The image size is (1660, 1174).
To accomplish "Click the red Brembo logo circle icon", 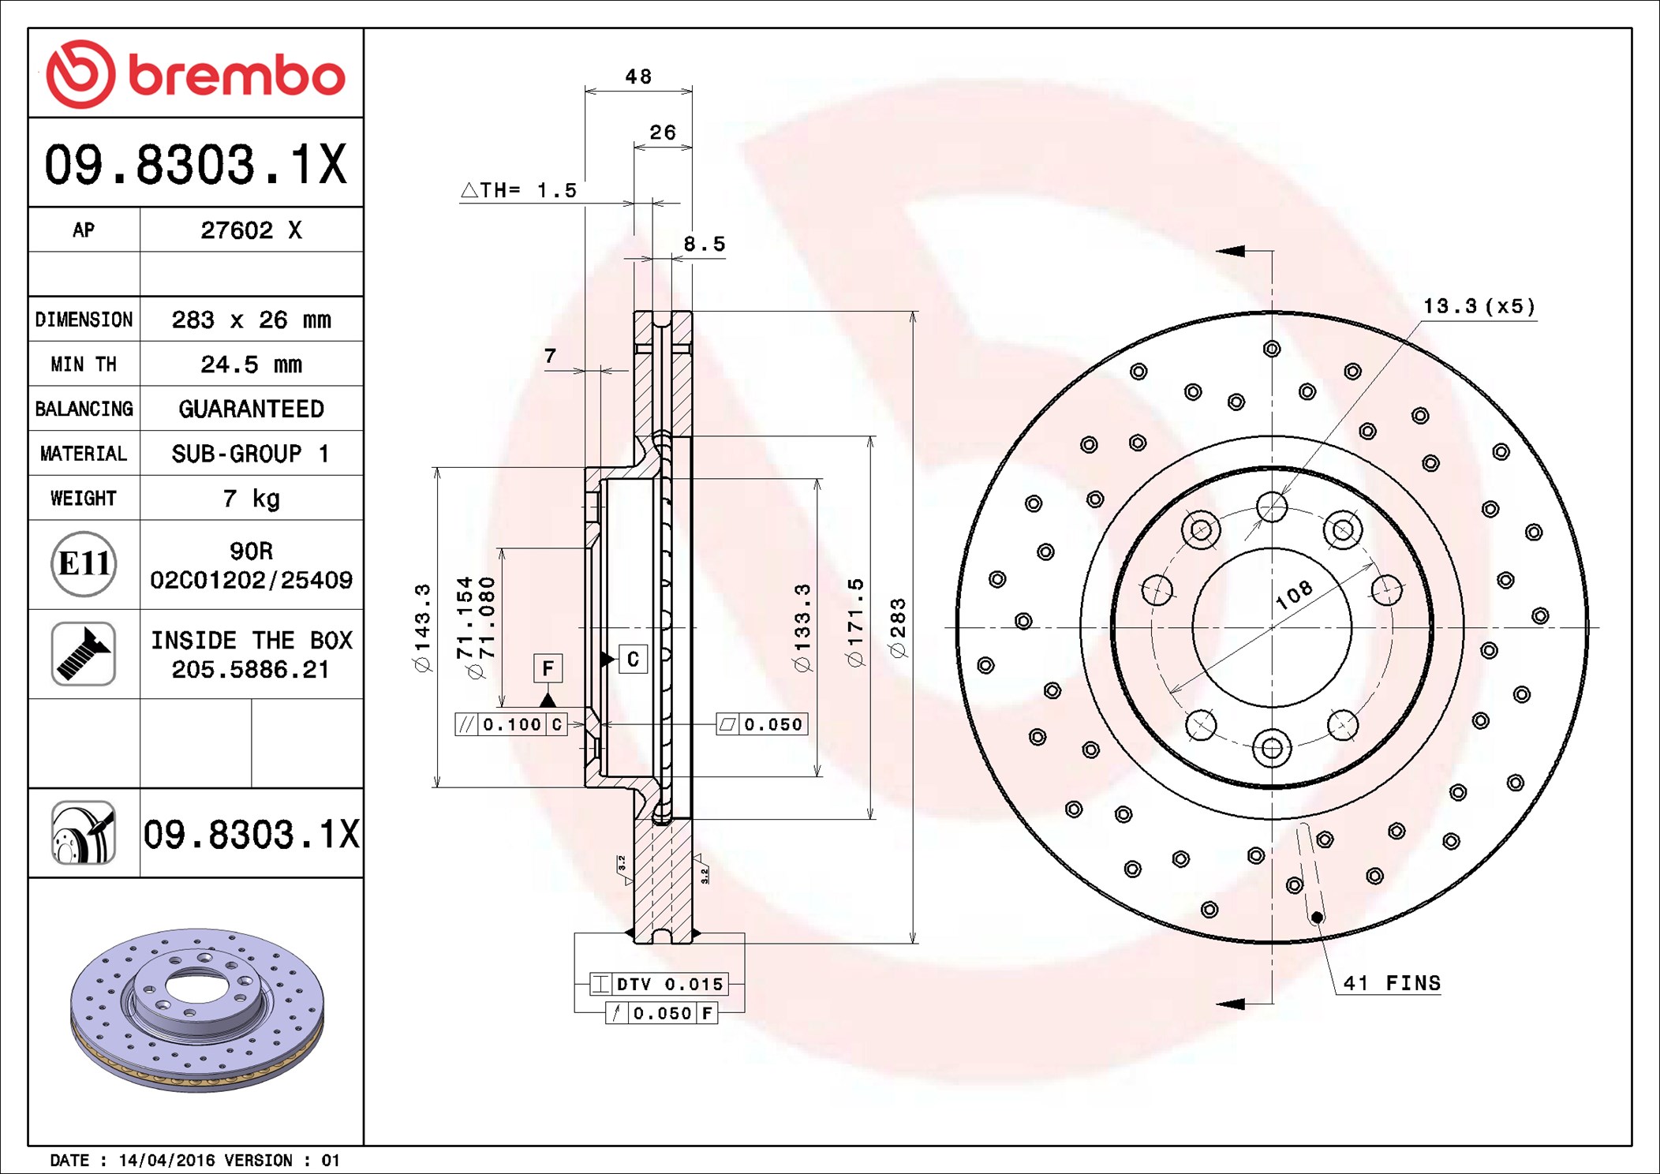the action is (80, 74).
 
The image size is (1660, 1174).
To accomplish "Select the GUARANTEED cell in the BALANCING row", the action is (251, 409).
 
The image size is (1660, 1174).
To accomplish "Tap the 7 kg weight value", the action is (251, 499).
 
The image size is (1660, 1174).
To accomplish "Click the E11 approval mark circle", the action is (84, 564).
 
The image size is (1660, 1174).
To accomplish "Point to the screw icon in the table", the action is (84, 653).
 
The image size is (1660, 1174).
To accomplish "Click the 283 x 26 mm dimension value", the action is (251, 320).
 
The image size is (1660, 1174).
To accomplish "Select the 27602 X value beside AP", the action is (251, 230).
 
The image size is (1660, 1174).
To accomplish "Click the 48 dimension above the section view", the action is (638, 77).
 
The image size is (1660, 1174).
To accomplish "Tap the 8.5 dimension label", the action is (704, 244).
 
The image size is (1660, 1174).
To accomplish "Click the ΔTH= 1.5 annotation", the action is (518, 190).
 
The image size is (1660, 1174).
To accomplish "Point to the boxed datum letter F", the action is (548, 669).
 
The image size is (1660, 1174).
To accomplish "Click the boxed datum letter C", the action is (633, 660).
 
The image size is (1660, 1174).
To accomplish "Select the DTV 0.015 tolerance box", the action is (659, 984).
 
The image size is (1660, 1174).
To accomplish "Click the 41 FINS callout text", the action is (1392, 983).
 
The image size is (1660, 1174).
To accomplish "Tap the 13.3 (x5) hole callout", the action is (1479, 306).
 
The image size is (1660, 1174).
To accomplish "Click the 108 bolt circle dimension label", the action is (1294, 594).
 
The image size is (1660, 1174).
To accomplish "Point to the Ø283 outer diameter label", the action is (898, 628).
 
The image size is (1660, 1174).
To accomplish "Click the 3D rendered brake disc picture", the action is (197, 1009).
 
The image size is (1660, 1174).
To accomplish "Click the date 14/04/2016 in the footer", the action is (166, 1161).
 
